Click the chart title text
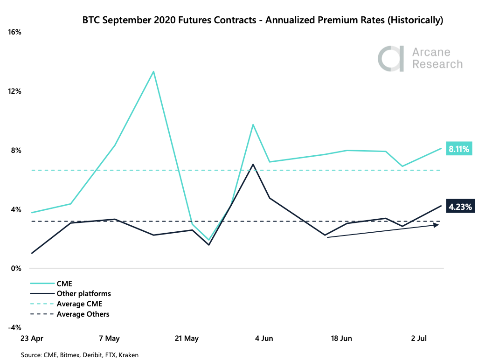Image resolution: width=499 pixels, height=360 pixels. (262, 20)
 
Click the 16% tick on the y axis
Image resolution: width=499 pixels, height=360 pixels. (14, 32)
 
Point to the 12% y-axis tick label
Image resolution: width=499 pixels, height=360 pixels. (14, 91)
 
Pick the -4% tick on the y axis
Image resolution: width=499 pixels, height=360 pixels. (14, 327)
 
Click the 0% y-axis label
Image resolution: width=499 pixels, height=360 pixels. (16, 269)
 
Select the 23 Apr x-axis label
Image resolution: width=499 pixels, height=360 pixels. (31, 338)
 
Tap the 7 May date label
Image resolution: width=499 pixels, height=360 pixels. (109, 338)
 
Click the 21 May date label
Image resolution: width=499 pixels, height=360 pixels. (185, 338)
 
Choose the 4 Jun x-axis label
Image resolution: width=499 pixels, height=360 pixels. (264, 338)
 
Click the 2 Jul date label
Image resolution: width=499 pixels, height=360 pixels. (420, 338)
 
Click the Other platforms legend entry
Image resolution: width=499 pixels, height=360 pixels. (83, 293)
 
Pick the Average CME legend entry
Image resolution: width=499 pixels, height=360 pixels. (79, 304)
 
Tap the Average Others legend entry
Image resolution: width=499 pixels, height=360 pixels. (83, 314)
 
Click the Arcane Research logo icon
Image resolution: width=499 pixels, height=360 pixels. (391, 58)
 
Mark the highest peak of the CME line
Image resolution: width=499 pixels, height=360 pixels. (153, 71)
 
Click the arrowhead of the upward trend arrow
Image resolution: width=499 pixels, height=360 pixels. (437, 225)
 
